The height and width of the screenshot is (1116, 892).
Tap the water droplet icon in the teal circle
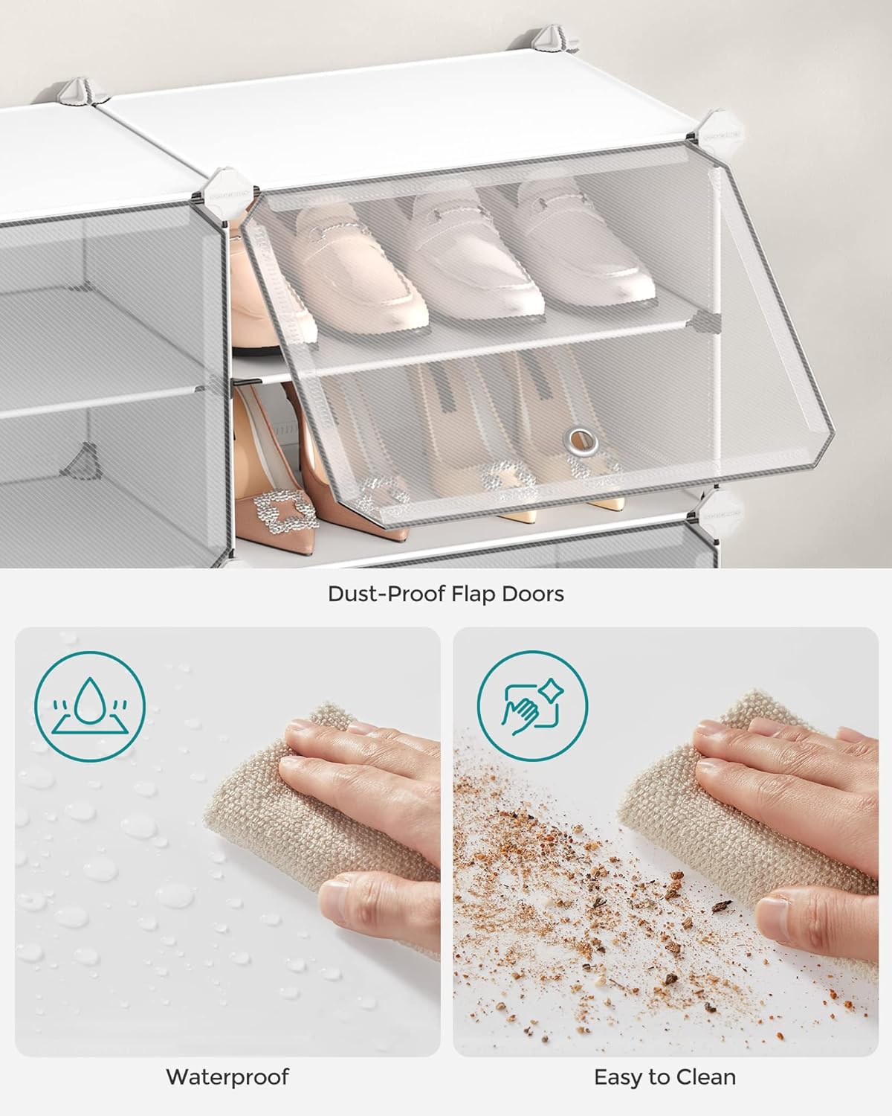tap(90, 707)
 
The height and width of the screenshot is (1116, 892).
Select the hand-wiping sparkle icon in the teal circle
tap(532, 706)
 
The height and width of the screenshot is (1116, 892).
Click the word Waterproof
tap(227, 1077)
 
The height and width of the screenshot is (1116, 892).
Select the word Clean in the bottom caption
tap(706, 1077)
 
